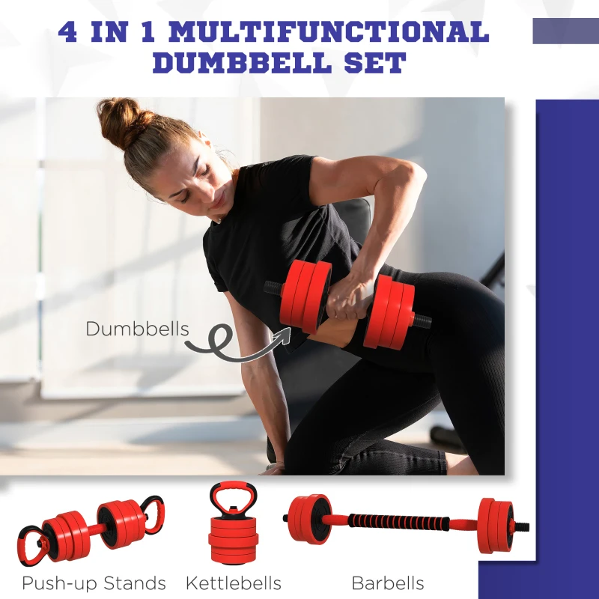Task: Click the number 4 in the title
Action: click(67, 32)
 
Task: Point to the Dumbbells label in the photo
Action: click(137, 329)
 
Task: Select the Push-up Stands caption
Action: click(94, 583)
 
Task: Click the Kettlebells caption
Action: click(234, 583)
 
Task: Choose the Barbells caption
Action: click(387, 583)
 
